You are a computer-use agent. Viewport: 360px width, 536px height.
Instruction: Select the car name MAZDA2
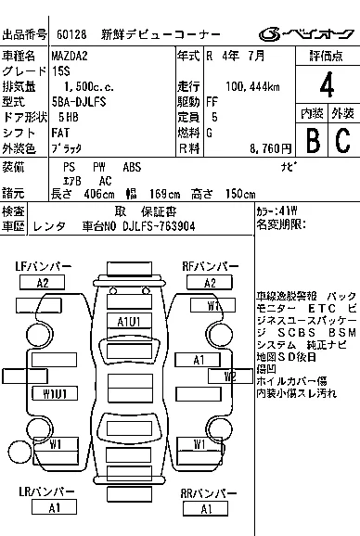(70, 55)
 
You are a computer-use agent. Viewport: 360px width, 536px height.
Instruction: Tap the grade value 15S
(60, 70)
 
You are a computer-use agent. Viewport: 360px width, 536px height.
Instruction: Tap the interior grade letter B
(313, 140)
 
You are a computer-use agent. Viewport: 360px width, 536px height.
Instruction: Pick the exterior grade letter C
(341, 140)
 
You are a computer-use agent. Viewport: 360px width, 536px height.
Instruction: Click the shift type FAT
(61, 133)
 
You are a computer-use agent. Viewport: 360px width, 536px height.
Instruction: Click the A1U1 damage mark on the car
(128, 321)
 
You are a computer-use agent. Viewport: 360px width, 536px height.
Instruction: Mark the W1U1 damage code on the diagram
(55, 393)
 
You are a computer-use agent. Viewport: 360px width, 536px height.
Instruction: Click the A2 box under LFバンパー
(42, 283)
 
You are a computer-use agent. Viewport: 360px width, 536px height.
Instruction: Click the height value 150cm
(239, 195)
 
